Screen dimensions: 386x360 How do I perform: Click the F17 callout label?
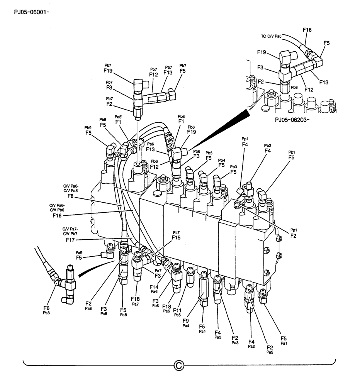pos(70,240)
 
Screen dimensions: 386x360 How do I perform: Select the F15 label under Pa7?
pos(176,238)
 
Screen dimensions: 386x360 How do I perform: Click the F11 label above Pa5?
pos(178,310)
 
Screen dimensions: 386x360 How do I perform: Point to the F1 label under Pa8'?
pos(119,122)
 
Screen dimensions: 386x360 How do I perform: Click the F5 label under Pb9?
pos(89,133)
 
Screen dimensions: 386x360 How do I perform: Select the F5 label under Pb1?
pos(292,157)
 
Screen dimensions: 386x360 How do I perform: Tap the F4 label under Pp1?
pos(245,145)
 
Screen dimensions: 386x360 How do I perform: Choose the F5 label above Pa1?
pos(284,337)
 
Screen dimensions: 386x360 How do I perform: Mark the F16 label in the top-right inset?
pos(307,30)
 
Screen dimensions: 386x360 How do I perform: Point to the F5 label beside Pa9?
pos(79,257)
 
